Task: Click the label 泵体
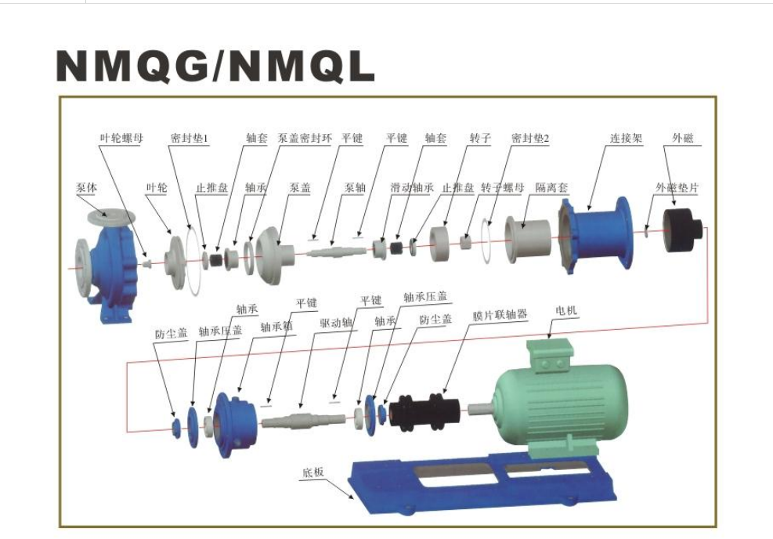87,188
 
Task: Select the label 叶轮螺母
121,139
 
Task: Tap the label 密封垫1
190,139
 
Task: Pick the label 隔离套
552,188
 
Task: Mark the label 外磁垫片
677,188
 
